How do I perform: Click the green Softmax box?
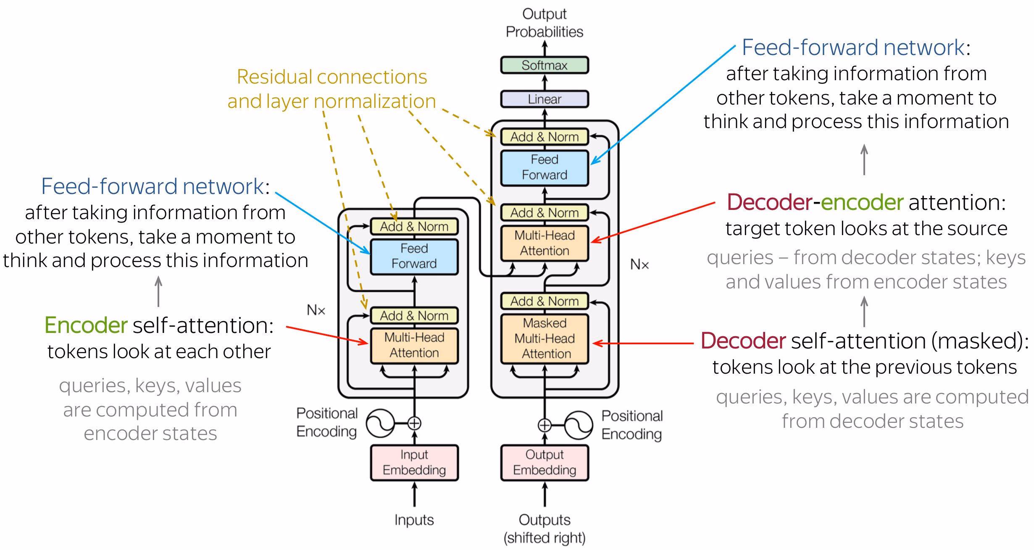point(544,65)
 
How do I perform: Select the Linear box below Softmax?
point(544,99)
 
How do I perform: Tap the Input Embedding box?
point(414,462)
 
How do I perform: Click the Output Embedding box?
point(545,462)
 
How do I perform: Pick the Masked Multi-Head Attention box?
point(545,338)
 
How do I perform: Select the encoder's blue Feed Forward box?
point(414,256)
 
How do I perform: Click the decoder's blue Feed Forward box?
point(545,168)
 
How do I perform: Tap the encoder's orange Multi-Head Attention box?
point(414,345)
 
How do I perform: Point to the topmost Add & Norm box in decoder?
point(545,137)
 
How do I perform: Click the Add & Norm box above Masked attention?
point(545,301)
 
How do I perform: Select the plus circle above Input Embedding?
point(414,423)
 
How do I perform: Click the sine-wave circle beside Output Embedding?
point(578,425)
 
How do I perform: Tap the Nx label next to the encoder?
point(316,310)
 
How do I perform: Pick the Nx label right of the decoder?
point(639,265)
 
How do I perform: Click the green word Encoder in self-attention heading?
point(86,325)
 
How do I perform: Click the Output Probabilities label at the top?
point(544,23)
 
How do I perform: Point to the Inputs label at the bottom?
point(414,520)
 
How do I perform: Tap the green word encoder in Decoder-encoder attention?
point(862,202)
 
